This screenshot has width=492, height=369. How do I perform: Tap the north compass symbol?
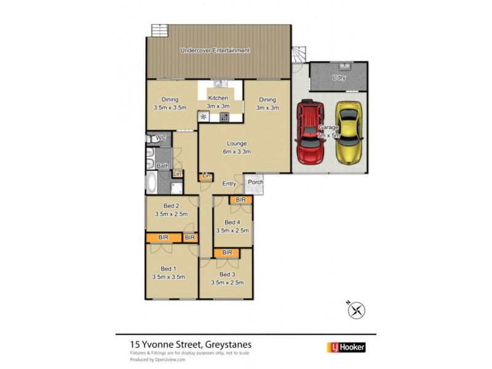(x=356, y=310)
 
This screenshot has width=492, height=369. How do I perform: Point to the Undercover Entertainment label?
(x=215, y=50)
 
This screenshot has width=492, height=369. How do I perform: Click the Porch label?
(x=254, y=181)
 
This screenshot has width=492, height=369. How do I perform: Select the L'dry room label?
(x=338, y=78)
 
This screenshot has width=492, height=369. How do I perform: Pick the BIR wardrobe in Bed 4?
(x=240, y=200)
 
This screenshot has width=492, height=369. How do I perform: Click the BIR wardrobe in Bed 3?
(x=227, y=252)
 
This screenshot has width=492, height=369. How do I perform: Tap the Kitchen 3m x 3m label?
(x=218, y=101)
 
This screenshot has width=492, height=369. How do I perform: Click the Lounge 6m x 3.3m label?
(x=236, y=148)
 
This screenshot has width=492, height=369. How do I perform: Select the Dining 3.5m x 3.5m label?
(x=170, y=103)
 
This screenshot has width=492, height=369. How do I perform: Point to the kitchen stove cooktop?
(x=224, y=116)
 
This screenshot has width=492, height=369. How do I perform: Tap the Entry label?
(x=229, y=184)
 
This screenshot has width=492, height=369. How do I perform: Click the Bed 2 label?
(x=171, y=209)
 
